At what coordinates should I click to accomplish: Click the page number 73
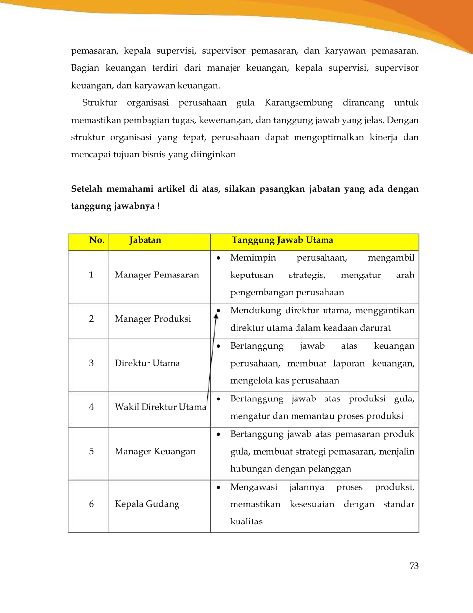[x=414, y=566]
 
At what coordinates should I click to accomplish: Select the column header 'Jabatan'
[x=145, y=240]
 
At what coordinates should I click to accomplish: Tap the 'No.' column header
[x=97, y=240]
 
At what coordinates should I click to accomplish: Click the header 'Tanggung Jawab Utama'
[x=282, y=240]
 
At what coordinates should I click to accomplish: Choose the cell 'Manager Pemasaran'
[x=157, y=275]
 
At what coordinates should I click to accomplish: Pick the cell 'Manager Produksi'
[x=153, y=319]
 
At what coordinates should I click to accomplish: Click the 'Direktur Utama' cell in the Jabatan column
[x=148, y=363]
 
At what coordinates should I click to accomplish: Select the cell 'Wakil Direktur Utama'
[x=160, y=407]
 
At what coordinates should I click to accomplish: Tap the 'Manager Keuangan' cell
[x=155, y=451]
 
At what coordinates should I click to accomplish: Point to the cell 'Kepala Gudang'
[x=147, y=504]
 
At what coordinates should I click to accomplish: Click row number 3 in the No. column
[x=91, y=363]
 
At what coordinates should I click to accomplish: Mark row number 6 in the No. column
[x=91, y=504]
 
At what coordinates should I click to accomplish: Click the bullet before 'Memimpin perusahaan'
[x=218, y=258]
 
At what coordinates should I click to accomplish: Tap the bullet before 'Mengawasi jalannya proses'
[x=218, y=487]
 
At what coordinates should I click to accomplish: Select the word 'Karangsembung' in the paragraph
[x=298, y=103]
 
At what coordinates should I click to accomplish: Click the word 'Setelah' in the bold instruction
[x=86, y=189]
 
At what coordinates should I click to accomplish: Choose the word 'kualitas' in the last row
[x=246, y=521]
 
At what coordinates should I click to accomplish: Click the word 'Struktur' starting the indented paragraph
[x=99, y=103]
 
